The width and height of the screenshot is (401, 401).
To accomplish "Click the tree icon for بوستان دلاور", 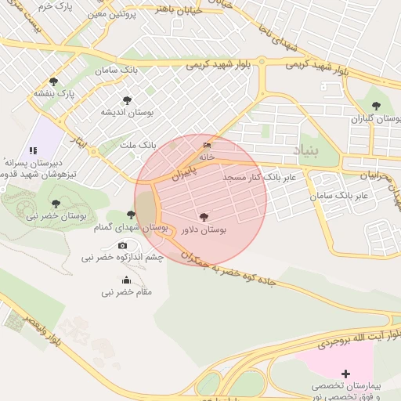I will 204,217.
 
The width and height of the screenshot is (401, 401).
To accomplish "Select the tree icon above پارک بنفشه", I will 53,81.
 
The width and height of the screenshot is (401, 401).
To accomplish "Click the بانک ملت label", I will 137,146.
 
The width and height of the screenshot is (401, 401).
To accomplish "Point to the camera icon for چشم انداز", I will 121,246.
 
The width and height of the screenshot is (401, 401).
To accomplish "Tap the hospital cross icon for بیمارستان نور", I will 346,373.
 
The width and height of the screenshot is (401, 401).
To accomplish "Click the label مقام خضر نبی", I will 126,292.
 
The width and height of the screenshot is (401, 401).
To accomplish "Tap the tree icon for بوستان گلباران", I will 376,106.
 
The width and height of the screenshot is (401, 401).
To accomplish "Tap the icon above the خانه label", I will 207,145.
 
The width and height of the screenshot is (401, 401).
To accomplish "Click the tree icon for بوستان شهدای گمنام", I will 131,215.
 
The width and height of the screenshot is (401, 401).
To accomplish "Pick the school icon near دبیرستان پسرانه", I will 32,150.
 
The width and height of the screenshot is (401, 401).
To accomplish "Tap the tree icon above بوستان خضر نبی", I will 56,203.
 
